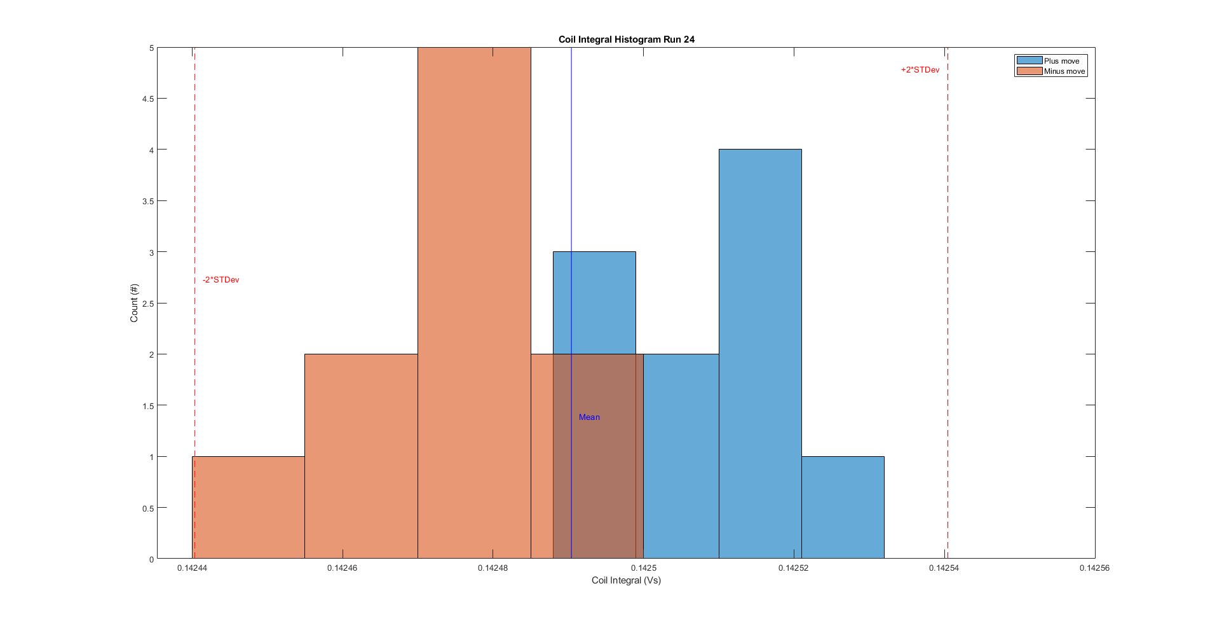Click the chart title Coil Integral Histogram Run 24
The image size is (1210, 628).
[x=626, y=39]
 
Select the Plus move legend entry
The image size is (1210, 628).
[x=1061, y=61]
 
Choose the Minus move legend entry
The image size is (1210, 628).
[x=1064, y=71]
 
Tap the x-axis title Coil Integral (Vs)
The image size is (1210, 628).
[x=626, y=580]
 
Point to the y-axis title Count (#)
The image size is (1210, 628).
[x=134, y=303]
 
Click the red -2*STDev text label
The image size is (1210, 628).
[x=221, y=280]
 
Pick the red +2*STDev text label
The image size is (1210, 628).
[x=920, y=70]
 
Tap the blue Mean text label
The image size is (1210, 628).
[x=589, y=417]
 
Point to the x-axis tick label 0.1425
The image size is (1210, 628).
[x=643, y=568]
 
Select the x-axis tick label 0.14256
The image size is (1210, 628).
[x=1094, y=568]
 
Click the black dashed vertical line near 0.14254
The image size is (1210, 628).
[x=948, y=318]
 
